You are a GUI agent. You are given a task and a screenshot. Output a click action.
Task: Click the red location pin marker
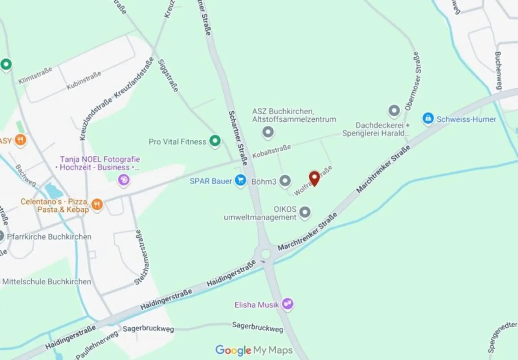pyautogui.click(x=314, y=178)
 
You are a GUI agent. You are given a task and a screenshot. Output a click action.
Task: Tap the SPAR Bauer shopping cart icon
pyautogui.click(x=240, y=180)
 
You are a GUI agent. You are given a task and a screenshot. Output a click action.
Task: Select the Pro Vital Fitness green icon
pyautogui.click(x=215, y=141)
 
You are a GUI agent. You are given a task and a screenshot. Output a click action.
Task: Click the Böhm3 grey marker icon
pyautogui.click(x=285, y=181)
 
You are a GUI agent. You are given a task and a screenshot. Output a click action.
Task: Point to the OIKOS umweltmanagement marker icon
pyautogui.click(x=305, y=212)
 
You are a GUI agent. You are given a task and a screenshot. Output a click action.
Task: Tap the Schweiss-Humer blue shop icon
pyautogui.click(x=428, y=119)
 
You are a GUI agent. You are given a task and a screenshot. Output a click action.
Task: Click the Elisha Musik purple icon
pyautogui.click(x=287, y=304)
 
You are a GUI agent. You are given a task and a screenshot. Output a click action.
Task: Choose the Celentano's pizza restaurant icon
pyautogui.click(x=97, y=204)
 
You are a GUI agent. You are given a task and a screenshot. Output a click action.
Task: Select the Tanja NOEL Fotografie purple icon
pyautogui.click(x=124, y=180)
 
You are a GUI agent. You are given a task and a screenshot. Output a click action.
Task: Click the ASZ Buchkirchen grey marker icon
pyautogui.click(x=268, y=132)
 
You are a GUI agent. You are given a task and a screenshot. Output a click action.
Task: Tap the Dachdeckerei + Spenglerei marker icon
pyautogui.click(x=394, y=110)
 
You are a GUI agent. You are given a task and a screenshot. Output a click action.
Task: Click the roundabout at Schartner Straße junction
pyautogui.click(x=266, y=254)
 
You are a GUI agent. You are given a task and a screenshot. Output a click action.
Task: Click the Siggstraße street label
pyautogui.click(x=168, y=76)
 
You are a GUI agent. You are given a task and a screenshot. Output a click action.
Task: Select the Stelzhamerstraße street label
pyautogui.click(x=142, y=257)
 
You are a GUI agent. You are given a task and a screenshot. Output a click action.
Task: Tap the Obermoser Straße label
pyautogui.click(x=413, y=81)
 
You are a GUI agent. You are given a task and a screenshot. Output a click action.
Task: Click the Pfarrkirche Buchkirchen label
pyautogui.click(x=49, y=237)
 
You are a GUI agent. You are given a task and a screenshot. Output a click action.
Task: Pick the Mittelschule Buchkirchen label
pyautogui.click(x=47, y=281)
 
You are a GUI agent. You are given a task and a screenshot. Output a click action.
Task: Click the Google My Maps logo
pyautogui.click(x=254, y=350)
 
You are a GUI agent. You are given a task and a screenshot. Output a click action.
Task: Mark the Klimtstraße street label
pyautogui.click(x=35, y=75)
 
